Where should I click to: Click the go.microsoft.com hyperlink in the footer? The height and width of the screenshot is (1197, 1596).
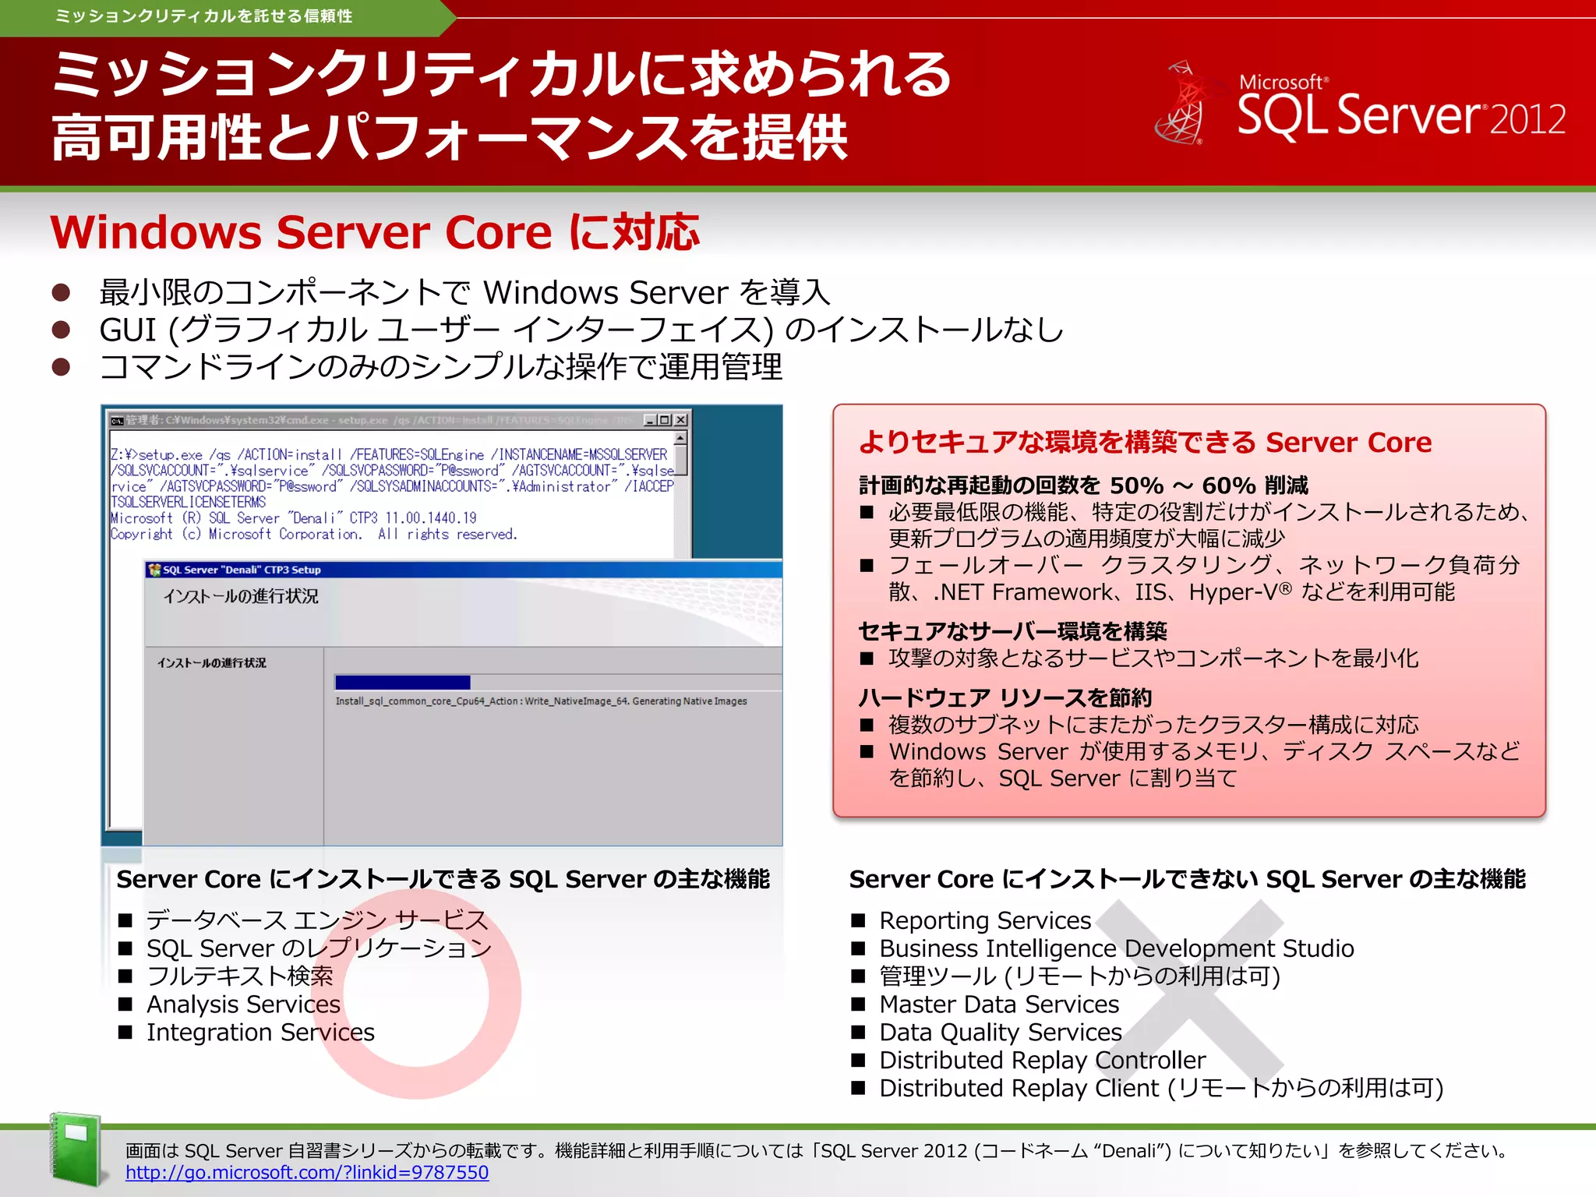click(x=307, y=1172)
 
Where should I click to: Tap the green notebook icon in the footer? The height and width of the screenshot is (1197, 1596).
click(x=76, y=1149)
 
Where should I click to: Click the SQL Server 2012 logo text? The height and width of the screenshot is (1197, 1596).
click(x=1401, y=114)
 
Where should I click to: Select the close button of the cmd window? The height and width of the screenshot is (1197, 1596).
click(x=681, y=420)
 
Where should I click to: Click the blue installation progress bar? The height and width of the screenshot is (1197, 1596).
click(x=402, y=682)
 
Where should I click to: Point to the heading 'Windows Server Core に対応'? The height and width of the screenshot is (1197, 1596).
click(x=375, y=232)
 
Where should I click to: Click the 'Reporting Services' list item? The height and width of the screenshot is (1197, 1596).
click(x=985, y=920)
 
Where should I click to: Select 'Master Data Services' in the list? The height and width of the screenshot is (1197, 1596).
click(x=999, y=1004)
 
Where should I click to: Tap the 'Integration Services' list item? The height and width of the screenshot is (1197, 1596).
click(x=260, y=1032)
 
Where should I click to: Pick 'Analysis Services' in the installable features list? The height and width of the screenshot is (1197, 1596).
click(x=243, y=1004)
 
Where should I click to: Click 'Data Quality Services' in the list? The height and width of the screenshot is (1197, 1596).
click(x=1001, y=1032)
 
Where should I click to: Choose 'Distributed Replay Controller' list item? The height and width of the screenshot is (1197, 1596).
click(x=1042, y=1060)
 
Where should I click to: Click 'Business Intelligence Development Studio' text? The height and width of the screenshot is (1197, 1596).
click(x=1116, y=948)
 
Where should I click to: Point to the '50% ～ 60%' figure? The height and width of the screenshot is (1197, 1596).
click(x=1182, y=486)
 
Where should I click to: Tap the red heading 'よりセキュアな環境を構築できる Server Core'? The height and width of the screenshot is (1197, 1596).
click(x=1145, y=442)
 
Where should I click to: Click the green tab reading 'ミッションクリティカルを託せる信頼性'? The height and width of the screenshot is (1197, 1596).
click(x=204, y=16)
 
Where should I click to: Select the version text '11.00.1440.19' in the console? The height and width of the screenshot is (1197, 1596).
click(x=431, y=518)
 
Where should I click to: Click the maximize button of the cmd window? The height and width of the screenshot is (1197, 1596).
click(x=665, y=420)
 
